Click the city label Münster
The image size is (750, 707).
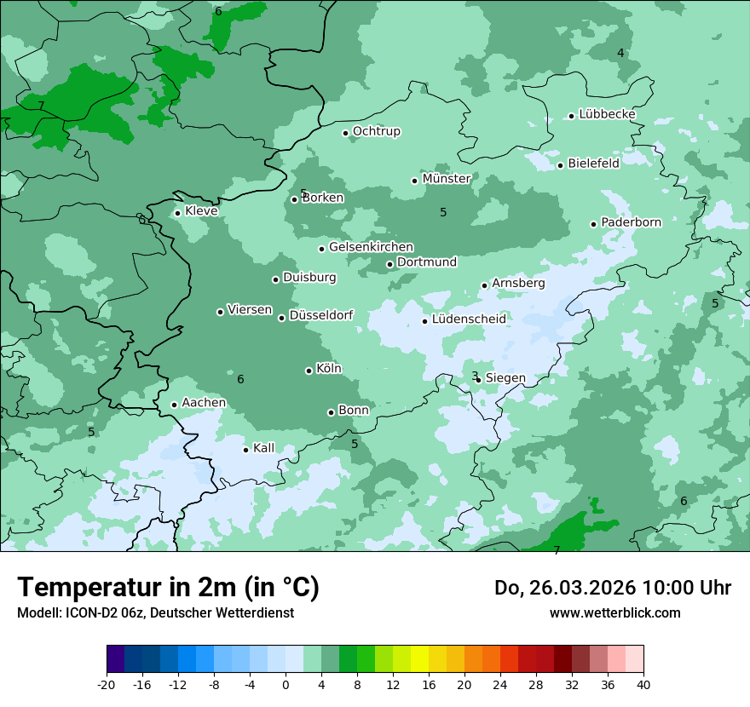click(447, 179)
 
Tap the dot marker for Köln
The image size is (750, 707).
click(309, 371)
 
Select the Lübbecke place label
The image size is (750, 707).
click(607, 114)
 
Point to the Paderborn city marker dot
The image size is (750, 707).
click(594, 224)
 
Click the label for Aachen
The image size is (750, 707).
click(204, 403)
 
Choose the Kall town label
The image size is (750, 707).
click(264, 448)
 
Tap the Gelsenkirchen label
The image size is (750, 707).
click(371, 247)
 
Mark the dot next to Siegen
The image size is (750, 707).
click(478, 380)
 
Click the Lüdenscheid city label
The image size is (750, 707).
click(469, 319)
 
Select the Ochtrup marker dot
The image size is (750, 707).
click(345, 133)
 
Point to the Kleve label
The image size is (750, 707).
click(201, 211)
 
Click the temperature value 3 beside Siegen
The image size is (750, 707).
click(475, 376)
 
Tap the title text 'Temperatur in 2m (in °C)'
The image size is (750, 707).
click(169, 588)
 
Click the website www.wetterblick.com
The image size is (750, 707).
click(614, 612)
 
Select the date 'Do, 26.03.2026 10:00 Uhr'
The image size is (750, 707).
click(612, 588)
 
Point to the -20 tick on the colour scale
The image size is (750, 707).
click(107, 684)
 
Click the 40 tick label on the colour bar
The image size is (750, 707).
click(643, 684)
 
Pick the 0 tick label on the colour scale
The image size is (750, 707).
click(286, 684)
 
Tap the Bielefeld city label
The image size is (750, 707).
click(593, 164)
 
